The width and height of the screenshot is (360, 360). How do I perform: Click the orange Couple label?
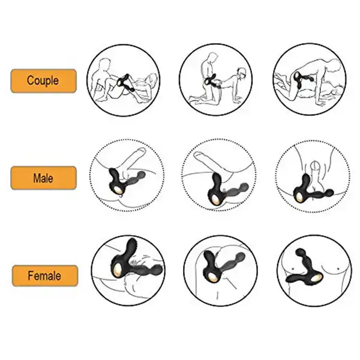pyautogui.click(x=43, y=81)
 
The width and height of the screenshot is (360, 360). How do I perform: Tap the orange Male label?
pyautogui.click(x=43, y=178)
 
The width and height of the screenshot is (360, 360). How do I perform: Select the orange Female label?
pyautogui.click(x=45, y=275)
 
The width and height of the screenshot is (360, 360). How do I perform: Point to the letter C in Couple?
pyautogui.click(x=30, y=80)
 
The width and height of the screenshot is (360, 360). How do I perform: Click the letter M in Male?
pyautogui.click(x=37, y=178)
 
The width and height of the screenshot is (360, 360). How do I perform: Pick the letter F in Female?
pyautogui.click(x=31, y=275)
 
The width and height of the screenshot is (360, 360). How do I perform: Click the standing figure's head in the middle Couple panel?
pyautogui.click(x=212, y=58)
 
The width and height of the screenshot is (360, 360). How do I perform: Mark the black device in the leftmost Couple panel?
pyautogui.click(x=125, y=83)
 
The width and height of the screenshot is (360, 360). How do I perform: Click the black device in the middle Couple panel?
pyautogui.click(x=211, y=82)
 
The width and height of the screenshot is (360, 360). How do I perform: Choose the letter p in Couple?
pyautogui.click(x=47, y=82)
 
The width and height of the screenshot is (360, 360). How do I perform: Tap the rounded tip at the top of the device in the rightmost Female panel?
pyautogui.click(x=299, y=252)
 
